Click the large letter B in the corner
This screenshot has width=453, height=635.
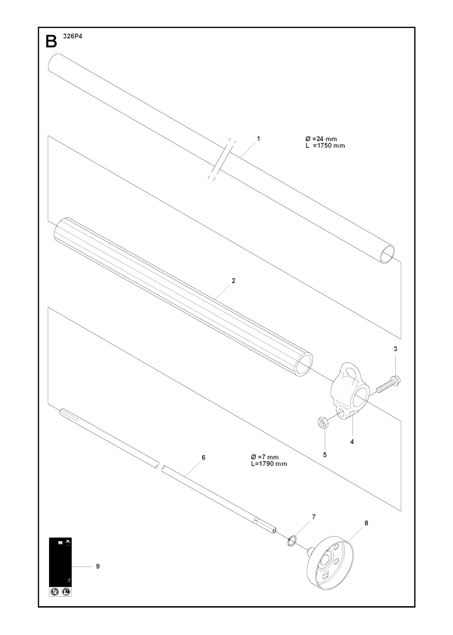point(51,41)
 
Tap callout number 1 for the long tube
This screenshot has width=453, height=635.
point(259,139)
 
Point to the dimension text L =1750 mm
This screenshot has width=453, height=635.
point(325,146)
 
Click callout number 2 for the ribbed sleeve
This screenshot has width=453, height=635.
point(233,281)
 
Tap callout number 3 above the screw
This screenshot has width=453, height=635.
point(395,349)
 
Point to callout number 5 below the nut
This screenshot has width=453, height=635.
point(325,455)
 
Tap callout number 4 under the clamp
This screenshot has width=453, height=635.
point(352,441)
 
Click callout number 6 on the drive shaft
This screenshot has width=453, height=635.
point(203,457)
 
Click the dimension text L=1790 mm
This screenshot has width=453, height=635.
point(269,464)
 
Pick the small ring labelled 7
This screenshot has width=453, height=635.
point(291,540)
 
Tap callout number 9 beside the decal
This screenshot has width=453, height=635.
point(97,566)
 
